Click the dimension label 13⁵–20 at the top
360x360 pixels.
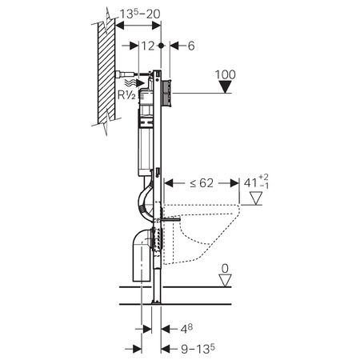pyautogui.click(x=140, y=14)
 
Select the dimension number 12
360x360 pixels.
pyautogui.click(x=148, y=46)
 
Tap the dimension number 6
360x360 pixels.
pyautogui.click(x=191, y=46)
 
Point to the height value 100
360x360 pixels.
pyautogui.click(x=226, y=74)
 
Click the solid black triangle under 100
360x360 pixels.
pyautogui.click(x=226, y=87)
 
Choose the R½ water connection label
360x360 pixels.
pyautogui.click(x=126, y=95)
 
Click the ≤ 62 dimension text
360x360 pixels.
pyautogui.click(x=202, y=183)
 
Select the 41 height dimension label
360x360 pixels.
pyautogui.click(x=256, y=183)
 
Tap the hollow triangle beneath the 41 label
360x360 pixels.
pyautogui.click(x=256, y=198)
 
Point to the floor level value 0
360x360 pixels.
pyautogui.click(x=225, y=269)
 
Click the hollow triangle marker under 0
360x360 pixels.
pyautogui.click(x=225, y=281)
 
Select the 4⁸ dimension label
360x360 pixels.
pyautogui.click(x=186, y=329)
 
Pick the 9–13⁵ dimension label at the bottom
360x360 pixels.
pyautogui.click(x=198, y=349)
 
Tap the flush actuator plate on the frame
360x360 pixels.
pyautogui.click(x=166, y=93)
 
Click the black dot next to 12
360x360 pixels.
pyautogui.click(x=161, y=46)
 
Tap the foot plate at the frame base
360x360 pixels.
pyautogui.click(x=156, y=302)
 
